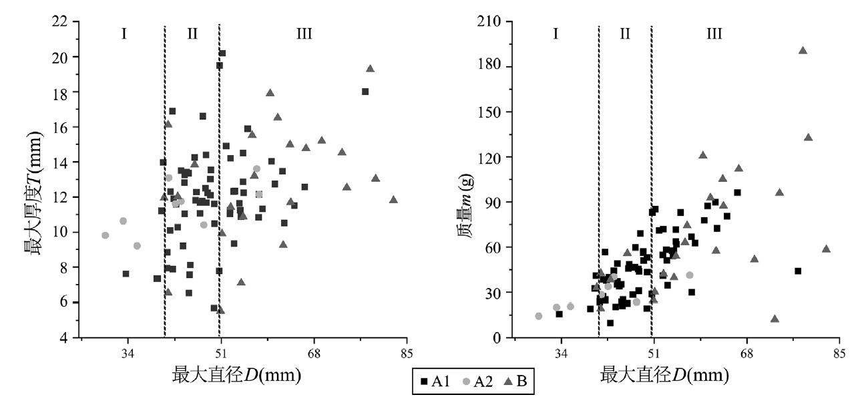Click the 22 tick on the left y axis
65,22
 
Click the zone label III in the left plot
304,33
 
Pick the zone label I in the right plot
556,33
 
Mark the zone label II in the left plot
192,33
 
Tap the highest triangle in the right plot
803,50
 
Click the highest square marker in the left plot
222,53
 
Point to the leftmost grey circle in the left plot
105,235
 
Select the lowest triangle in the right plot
775,319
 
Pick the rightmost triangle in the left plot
393,199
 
